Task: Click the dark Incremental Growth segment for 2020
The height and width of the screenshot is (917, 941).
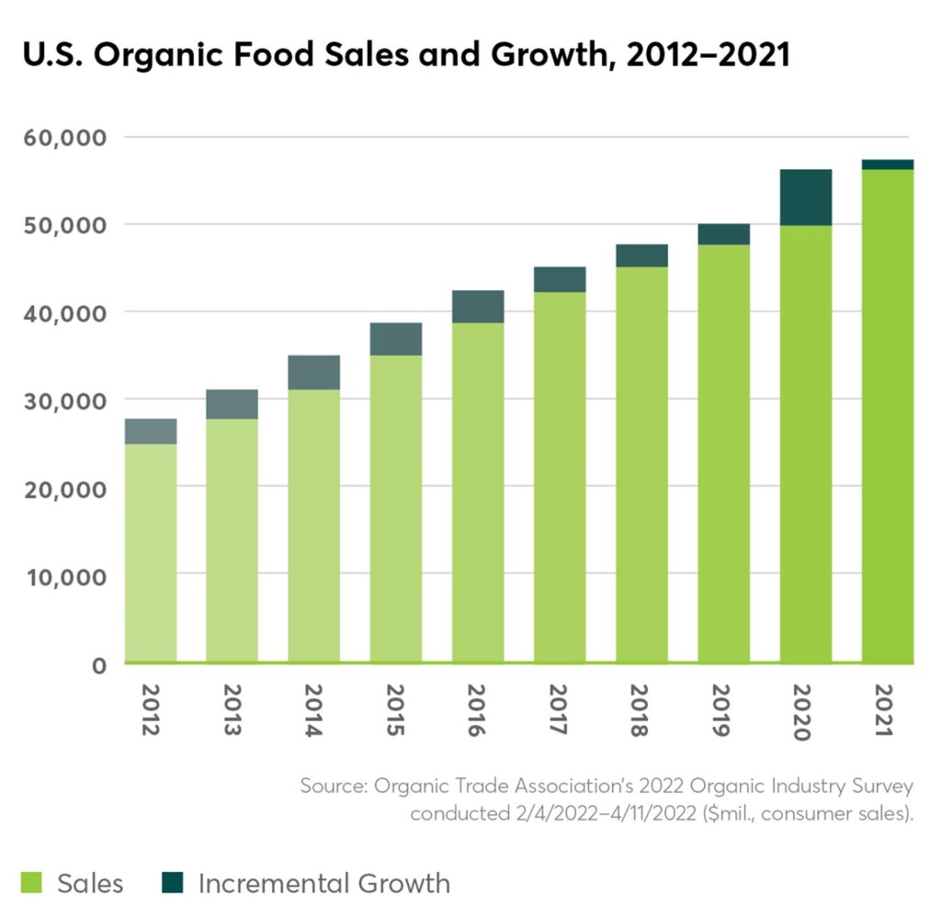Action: click(806, 198)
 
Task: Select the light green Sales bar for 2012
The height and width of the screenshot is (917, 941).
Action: click(151, 552)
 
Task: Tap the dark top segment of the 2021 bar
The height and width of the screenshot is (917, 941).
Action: click(888, 164)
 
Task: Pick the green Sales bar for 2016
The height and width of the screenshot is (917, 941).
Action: click(479, 492)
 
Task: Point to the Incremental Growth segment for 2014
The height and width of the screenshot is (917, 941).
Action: click(314, 372)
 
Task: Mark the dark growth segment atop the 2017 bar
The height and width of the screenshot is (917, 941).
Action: click(560, 279)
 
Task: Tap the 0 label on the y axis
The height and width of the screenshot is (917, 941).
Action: click(99, 665)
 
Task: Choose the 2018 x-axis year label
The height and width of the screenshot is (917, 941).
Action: click(641, 710)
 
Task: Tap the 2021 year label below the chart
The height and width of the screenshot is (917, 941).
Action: click(887, 710)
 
